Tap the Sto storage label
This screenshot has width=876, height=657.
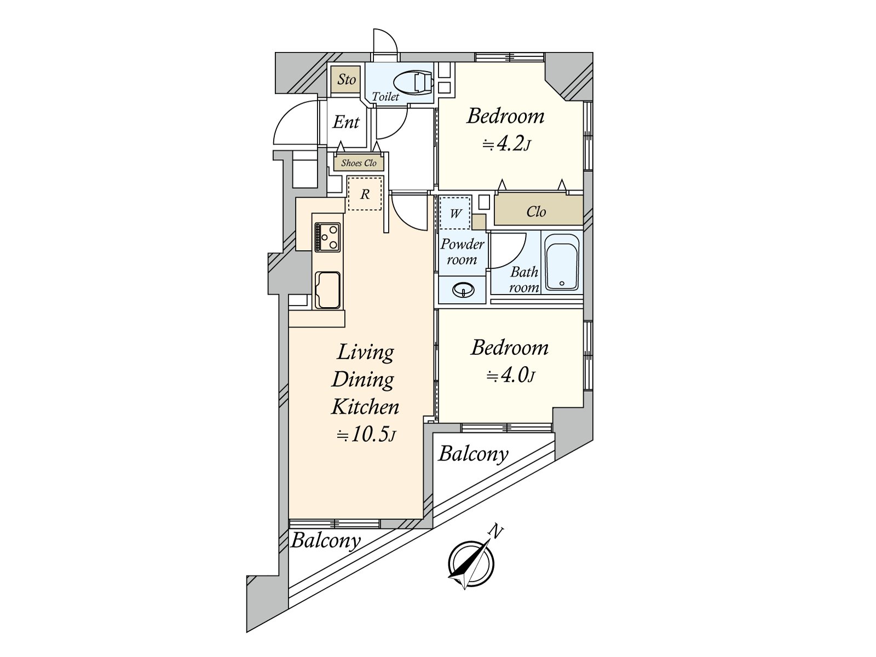(x=346, y=79)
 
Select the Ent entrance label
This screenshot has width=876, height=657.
(x=345, y=122)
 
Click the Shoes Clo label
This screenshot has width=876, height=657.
(x=359, y=163)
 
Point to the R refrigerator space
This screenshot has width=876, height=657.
(x=365, y=194)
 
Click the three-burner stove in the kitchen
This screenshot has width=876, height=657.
(x=327, y=237)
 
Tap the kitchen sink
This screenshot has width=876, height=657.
(x=327, y=290)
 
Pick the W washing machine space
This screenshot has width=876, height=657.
(x=455, y=212)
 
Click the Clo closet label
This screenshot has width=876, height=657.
(x=536, y=211)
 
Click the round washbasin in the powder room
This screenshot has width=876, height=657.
(x=463, y=290)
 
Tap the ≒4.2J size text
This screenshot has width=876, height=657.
(x=506, y=145)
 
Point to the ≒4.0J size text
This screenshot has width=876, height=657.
(x=510, y=376)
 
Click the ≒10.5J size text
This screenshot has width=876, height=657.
(x=366, y=435)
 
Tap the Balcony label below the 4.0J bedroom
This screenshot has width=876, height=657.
(x=474, y=454)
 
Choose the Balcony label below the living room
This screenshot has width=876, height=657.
(x=326, y=541)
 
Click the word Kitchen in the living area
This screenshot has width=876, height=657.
(x=365, y=407)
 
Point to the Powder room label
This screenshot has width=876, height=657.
(x=462, y=252)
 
